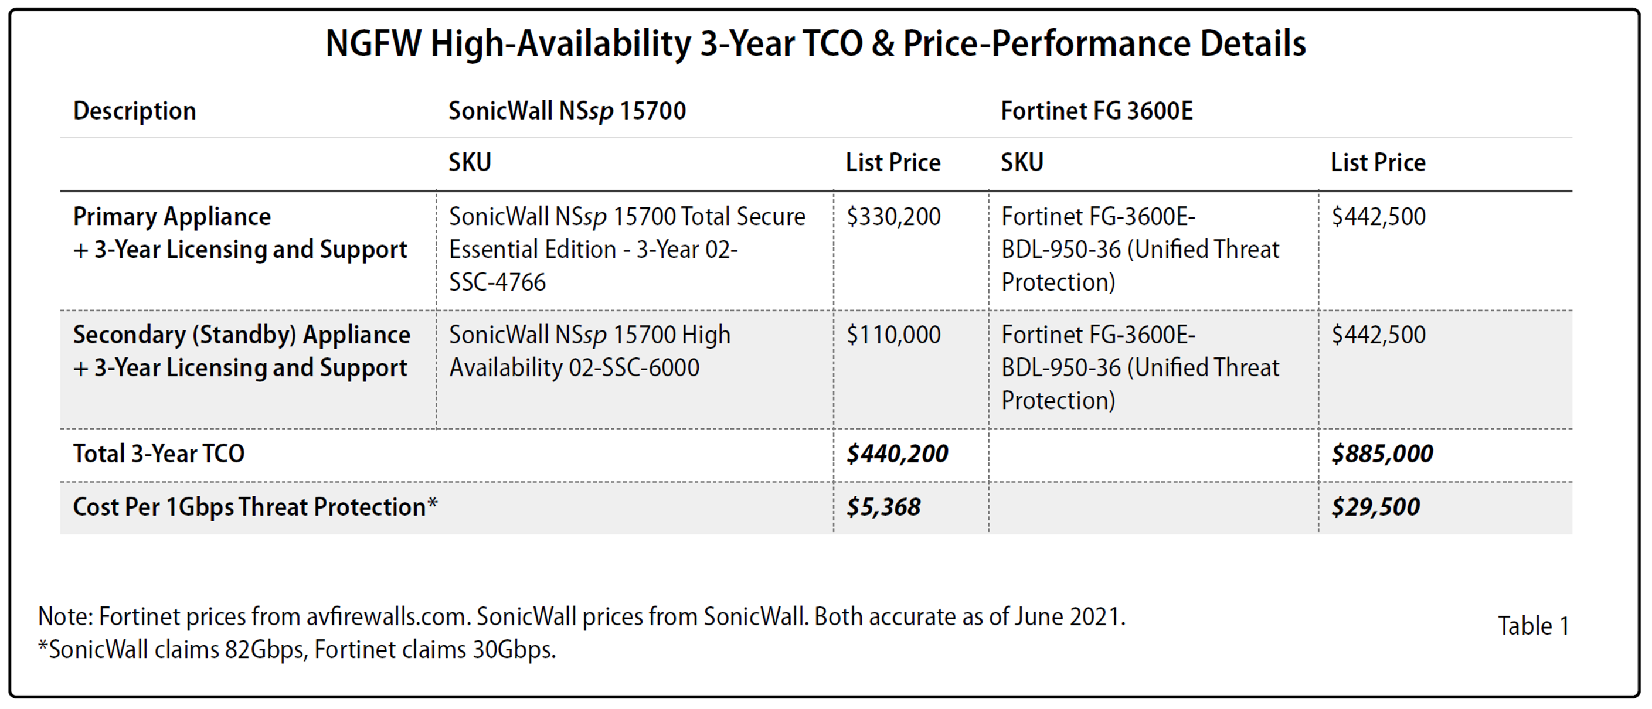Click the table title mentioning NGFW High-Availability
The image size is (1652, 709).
point(815,43)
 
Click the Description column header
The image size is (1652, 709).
point(134,111)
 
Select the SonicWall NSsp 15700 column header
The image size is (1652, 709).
point(567,111)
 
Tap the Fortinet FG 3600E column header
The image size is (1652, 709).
point(1096,111)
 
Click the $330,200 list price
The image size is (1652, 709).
point(893,217)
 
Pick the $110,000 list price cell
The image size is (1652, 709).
point(893,335)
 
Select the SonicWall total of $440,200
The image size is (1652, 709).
point(896,454)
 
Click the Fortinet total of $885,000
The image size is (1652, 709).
point(1381,454)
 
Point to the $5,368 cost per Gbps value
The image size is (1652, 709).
point(883,507)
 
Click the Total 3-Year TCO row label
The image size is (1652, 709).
point(158,454)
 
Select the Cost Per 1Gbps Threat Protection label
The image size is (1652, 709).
point(254,507)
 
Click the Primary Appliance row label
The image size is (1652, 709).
point(172,217)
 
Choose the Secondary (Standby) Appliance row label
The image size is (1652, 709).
point(241,335)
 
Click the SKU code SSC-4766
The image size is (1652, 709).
point(497,282)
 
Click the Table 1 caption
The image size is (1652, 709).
point(1533,626)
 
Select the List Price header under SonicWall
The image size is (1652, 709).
point(893,163)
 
